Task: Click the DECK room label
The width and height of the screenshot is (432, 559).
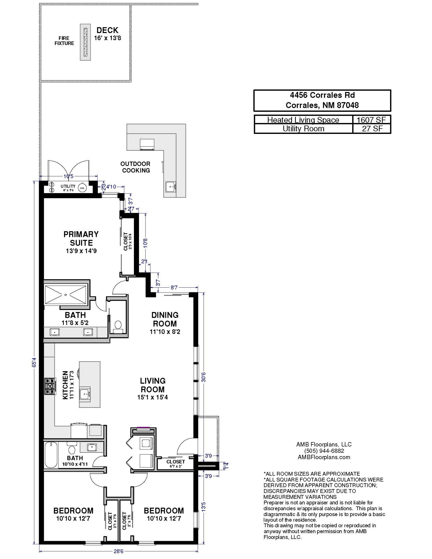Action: (x=107, y=30)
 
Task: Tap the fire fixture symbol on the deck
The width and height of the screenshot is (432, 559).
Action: (x=85, y=42)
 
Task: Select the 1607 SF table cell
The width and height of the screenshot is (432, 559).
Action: (x=371, y=120)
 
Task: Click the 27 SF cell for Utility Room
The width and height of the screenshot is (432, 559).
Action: (x=372, y=129)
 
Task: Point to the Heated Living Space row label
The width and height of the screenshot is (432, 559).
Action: (x=303, y=120)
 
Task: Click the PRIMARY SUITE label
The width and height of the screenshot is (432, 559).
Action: (x=81, y=238)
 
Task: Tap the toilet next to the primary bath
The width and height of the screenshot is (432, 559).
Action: (x=118, y=327)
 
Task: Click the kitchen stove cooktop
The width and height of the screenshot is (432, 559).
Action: (x=50, y=386)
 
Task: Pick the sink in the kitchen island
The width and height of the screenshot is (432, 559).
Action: (x=85, y=394)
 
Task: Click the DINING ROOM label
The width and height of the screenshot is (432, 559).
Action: (x=165, y=319)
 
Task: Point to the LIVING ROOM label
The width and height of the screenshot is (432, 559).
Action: (x=153, y=385)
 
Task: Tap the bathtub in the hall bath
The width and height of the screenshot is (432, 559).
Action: (x=51, y=454)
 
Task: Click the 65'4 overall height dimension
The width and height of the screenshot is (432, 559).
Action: (x=34, y=362)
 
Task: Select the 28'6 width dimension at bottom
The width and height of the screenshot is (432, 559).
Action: (x=118, y=551)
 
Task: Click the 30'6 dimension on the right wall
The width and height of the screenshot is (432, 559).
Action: (x=204, y=377)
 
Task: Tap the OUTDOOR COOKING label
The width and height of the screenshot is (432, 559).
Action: (x=136, y=167)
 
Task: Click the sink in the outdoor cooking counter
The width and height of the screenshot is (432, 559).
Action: (x=171, y=187)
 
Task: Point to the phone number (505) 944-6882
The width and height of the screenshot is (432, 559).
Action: (x=324, y=451)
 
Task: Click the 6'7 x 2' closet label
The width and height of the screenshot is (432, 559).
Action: (x=176, y=466)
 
